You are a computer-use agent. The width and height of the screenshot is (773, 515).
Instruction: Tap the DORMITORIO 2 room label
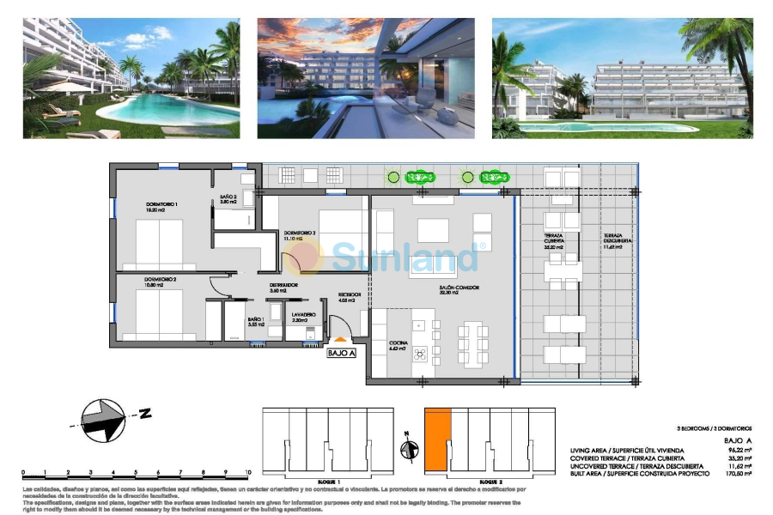pyautogui.click(x=160, y=280)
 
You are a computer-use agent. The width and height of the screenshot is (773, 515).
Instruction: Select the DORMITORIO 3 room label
pyautogui.click(x=301, y=233)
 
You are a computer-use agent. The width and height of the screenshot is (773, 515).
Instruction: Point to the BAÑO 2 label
pyautogui.click(x=228, y=198)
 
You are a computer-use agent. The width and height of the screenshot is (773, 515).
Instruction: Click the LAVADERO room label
pyautogui.click(x=303, y=316)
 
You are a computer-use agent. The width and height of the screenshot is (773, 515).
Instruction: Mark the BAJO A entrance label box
pyautogui.click(x=342, y=352)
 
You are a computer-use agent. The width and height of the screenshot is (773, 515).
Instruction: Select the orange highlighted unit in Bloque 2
pyautogui.click(x=437, y=439)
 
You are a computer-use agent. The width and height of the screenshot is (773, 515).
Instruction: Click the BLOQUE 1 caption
pyautogui.click(x=327, y=482)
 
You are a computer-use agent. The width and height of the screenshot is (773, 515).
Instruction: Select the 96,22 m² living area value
pyautogui.click(x=741, y=450)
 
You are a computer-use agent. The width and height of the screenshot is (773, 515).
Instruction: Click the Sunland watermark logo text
pyautogui.click(x=404, y=256)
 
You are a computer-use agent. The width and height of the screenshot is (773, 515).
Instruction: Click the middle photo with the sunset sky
pyautogui.click(x=366, y=78)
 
